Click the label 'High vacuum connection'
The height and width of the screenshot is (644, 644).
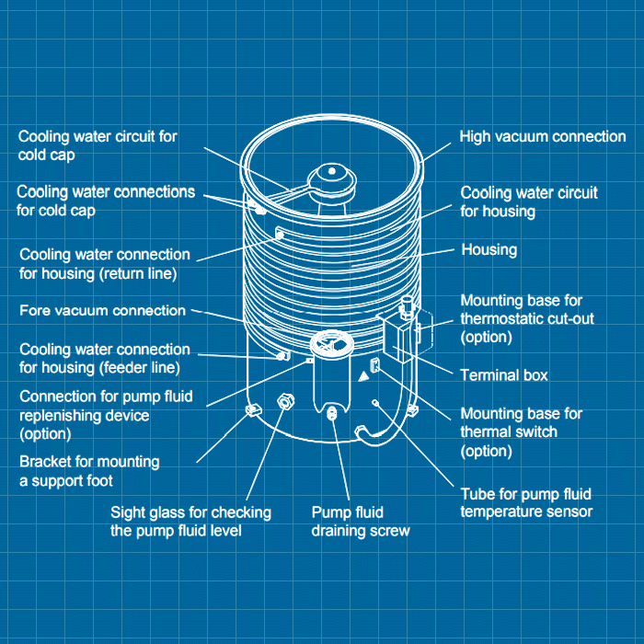[543, 137]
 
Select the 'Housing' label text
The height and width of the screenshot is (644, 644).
[489, 249]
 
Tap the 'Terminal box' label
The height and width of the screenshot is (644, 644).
[503, 375]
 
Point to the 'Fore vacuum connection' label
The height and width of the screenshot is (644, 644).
[102, 311]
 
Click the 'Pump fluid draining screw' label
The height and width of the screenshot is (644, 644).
[360, 522]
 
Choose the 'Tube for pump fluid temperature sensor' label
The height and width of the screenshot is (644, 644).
[526, 502]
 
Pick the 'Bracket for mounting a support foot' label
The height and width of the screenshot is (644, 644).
[89, 471]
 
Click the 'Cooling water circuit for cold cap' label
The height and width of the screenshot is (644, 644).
[98, 145]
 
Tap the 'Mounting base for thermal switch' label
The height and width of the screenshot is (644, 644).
[521, 432]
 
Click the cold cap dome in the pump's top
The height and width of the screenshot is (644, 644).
[329, 176]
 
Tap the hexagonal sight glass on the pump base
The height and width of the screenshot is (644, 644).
[285, 401]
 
